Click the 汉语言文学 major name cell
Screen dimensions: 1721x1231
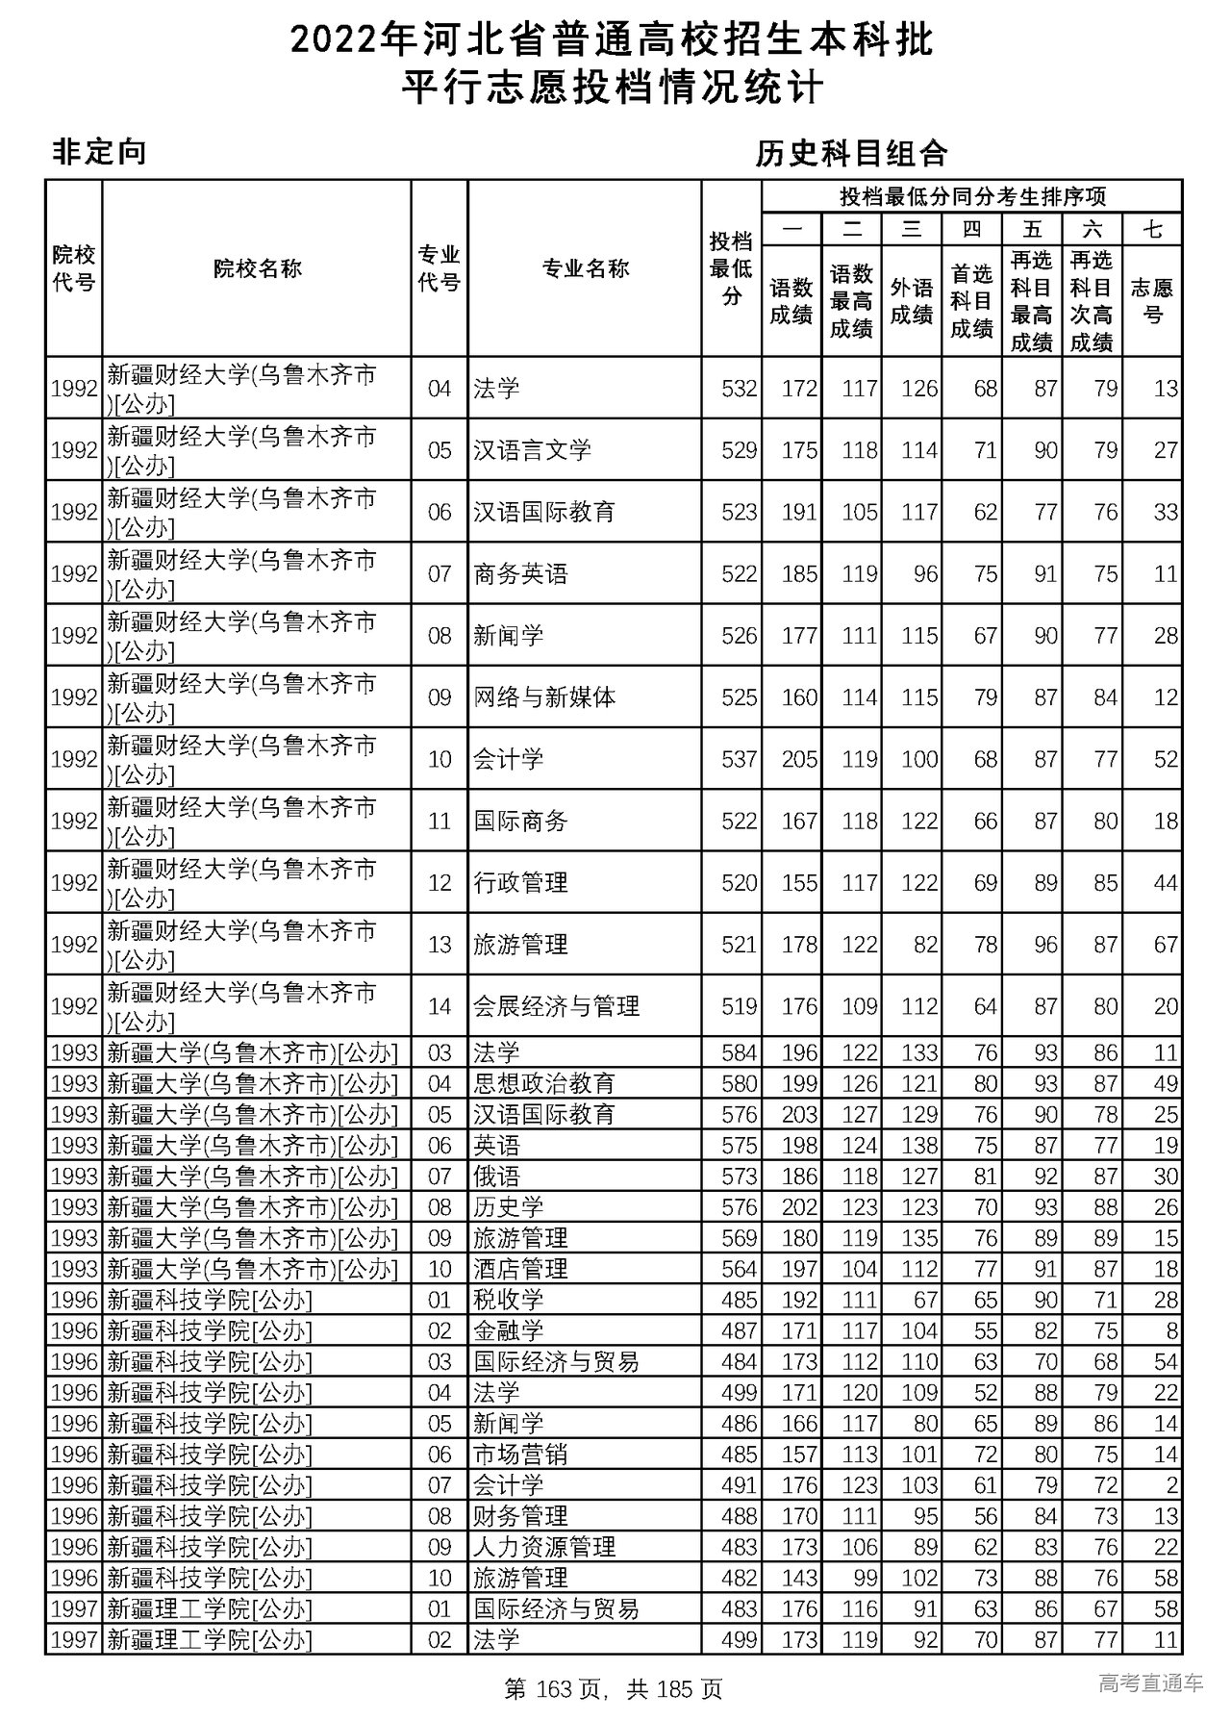click(x=532, y=450)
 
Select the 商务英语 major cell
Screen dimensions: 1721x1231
click(x=520, y=574)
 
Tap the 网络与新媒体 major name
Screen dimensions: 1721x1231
click(x=544, y=697)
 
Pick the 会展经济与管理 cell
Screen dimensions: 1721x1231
click(x=556, y=1006)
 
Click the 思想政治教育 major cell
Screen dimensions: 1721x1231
click(x=544, y=1084)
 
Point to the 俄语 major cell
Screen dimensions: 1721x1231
click(x=496, y=1177)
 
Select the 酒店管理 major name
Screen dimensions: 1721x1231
click(x=520, y=1269)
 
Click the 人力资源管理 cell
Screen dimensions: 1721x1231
click(x=544, y=1547)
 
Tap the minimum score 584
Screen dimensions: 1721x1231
click(x=740, y=1053)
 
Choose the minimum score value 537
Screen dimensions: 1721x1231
click(x=740, y=759)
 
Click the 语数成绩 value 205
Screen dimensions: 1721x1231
click(x=799, y=759)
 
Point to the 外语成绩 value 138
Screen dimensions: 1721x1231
click(x=919, y=1146)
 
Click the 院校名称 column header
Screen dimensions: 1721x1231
click(x=257, y=268)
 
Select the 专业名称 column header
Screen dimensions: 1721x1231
click(x=585, y=268)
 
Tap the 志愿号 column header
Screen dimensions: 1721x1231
click(x=1152, y=301)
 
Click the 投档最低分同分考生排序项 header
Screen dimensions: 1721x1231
click(x=971, y=197)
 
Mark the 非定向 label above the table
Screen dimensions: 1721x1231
click(x=99, y=152)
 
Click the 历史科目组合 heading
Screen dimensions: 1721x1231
click(x=851, y=153)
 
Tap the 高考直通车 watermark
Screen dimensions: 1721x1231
click(x=1150, y=1683)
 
